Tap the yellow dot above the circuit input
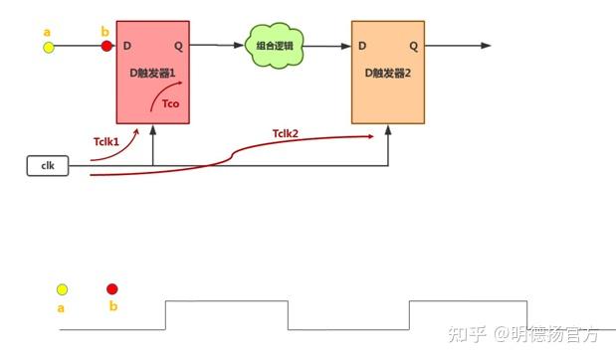point(48,46)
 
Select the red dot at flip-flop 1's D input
point(106,46)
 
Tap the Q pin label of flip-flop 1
point(178,46)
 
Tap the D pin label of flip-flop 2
point(362,46)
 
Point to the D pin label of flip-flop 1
point(126,46)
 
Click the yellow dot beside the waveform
point(62,289)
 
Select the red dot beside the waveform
point(112,289)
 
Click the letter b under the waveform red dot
point(112,307)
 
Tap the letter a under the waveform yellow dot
point(62,308)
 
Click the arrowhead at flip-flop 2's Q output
point(486,46)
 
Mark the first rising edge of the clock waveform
point(165,314)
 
